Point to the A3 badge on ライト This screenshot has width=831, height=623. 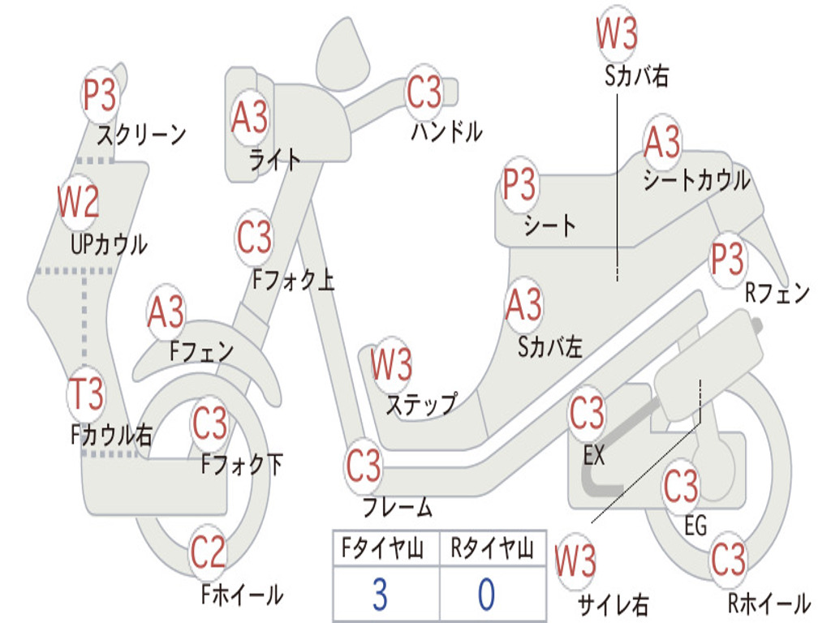(249, 118)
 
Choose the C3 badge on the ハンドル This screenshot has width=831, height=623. (424, 93)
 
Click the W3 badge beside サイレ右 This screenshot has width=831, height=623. (575, 561)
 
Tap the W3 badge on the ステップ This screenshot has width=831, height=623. (391, 365)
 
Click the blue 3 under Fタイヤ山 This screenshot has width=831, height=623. (380, 595)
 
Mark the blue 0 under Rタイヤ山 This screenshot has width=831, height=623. (487, 595)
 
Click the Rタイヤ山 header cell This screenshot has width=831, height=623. (492, 550)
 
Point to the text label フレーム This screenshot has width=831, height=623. (398, 508)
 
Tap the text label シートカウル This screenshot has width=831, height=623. (696, 181)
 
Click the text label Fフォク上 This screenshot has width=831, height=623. (293, 281)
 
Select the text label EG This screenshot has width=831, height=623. (695, 525)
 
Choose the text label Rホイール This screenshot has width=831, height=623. (768, 603)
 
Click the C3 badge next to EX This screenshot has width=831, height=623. (587, 414)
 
